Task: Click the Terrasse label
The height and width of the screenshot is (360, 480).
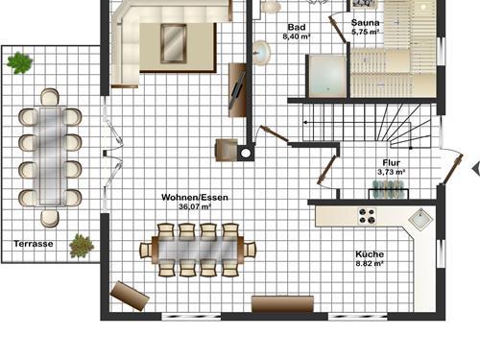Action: (x=34, y=244)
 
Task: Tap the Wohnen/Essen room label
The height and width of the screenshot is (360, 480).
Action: (x=195, y=197)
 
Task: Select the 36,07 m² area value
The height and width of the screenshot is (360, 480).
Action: (x=195, y=206)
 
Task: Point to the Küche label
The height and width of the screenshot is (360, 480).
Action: (x=370, y=254)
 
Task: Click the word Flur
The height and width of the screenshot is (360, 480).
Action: (x=391, y=162)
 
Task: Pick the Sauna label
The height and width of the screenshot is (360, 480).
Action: (x=365, y=23)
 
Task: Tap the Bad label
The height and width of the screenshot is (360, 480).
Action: (x=297, y=27)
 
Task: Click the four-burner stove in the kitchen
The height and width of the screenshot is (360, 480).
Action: (x=367, y=215)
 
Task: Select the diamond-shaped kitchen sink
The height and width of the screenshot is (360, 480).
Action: (x=420, y=220)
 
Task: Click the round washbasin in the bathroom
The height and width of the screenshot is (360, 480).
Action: (x=261, y=53)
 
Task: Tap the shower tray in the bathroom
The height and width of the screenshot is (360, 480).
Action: (x=327, y=76)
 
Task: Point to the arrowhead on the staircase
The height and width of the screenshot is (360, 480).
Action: (x=305, y=122)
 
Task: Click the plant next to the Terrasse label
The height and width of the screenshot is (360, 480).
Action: (x=82, y=246)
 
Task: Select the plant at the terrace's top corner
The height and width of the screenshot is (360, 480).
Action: (x=19, y=62)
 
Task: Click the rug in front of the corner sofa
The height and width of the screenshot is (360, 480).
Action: (x=173, y=44)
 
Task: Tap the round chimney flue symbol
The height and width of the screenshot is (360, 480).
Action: (x=246, y=154)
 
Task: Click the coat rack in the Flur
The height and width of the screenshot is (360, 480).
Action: (x=389, y=189)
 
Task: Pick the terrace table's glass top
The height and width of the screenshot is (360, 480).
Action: (x=50, y=156)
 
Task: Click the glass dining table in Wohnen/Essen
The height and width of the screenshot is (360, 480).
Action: (x=198, y=250)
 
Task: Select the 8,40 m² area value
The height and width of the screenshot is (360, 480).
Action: (x=297, y=36)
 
